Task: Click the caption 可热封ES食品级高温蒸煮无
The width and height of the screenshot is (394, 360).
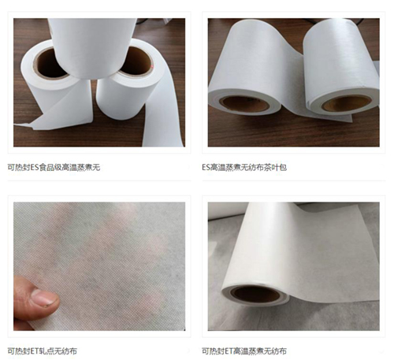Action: click(54, 168)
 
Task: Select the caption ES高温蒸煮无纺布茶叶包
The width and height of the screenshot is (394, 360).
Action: click(250, 168)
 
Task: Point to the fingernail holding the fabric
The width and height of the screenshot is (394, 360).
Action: click(43, 299)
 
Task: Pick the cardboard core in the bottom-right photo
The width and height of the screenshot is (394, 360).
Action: click(254, 295)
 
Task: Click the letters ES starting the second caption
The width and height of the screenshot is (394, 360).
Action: click(207, 168)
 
